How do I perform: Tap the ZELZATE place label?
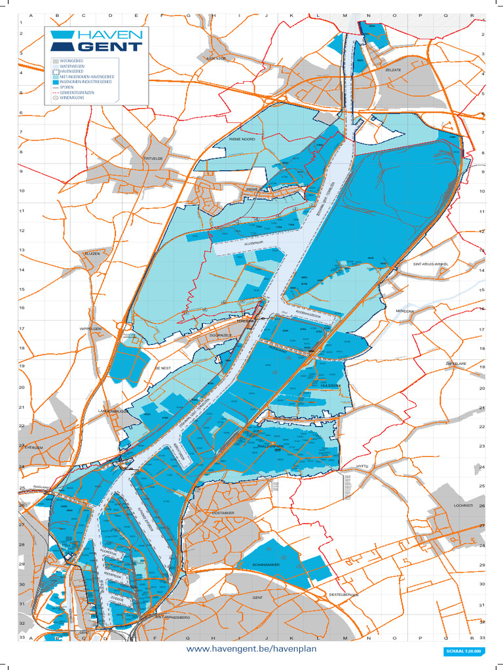pyautogui.click(x=393, y=69)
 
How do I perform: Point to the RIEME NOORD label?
pyautogui.click(x=242, y=139)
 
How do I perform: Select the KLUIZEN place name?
pyautogui.click(x=92, y=253)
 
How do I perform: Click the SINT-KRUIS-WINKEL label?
pyautogui.click(x=431, y=264)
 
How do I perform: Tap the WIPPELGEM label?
pyautogui.click(x=91, y=328)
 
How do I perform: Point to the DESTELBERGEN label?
pyautogui.click(x=345, y=594)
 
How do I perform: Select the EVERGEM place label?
pyautogui.click(x=33, y=448)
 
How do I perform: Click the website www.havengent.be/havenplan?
pyautogui.click(x=251, y=648)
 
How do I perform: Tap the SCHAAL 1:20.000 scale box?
pyautogui.click(x=464, y=651)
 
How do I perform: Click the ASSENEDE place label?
pyautogui.click(x=215, y=58)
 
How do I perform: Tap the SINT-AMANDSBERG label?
pyautogui.click(x=172, y=617)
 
